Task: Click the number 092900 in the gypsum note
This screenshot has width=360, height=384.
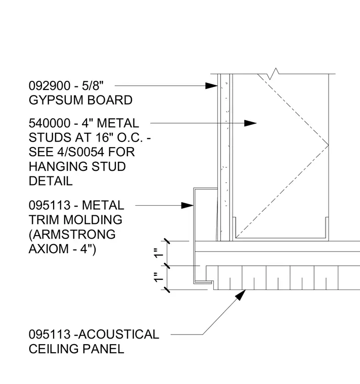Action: click(x=50, y=86)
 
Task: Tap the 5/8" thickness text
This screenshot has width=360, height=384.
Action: click(x=93, y=86)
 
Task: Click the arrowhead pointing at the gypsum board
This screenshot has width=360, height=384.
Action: click(x=211, y=86)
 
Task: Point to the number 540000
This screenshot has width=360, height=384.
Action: click(x=50, y=123)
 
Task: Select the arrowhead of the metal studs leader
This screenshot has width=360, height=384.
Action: click(x=250, y=123)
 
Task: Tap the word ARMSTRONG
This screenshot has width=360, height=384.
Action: click(x=74, y=234)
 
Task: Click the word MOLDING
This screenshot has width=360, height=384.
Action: click(x=93, y=220)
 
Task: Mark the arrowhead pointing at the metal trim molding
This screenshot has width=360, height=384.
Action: click(x=188, y=206)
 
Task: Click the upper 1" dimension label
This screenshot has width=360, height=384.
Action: click(x=159, y=253)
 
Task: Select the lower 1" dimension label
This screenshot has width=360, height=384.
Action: click(x=159, y=277)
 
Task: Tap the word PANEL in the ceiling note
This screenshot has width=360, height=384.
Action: click(x=103, y=349)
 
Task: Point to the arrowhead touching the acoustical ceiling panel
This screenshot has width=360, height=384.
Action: click(x=241, y=295)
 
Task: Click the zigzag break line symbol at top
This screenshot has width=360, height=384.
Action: click(x=273, y=74)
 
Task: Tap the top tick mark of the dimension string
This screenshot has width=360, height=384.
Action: click(x=167, y=241)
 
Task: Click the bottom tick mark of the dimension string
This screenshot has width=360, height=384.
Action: click(x=167, y=290)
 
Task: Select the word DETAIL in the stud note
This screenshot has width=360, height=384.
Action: click(x=51, y=181)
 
